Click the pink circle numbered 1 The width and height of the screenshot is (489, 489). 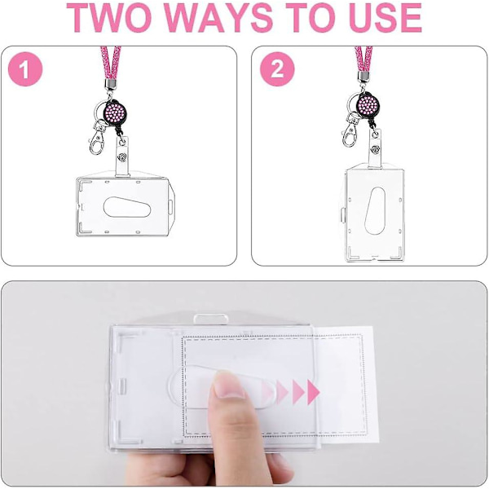[25, 69]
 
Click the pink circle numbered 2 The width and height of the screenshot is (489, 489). [277, 69]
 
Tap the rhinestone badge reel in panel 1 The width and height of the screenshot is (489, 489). [116, 112]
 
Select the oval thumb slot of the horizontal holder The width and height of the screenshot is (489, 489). [127, 207]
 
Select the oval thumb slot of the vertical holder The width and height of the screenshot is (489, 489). [375, 211]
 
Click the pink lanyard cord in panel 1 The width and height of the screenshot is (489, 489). [110, 63]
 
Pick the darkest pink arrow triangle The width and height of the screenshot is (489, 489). [313, 392]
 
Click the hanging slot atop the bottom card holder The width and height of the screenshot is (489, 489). [211, 319]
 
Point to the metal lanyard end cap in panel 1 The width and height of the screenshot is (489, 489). [110, 83]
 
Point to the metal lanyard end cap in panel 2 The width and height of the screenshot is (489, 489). [363, 77]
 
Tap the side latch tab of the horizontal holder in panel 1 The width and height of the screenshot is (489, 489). [170, 206]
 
